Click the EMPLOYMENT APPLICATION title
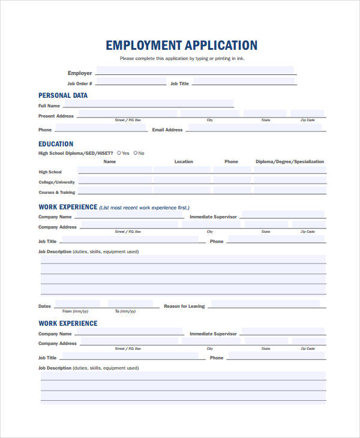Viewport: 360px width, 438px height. click(x=182, y=46)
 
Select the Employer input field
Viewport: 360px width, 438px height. click(x=195, y=71)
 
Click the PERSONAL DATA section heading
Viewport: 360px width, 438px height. click(x=63, y=95)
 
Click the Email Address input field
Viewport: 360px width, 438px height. click(x=256, y=128)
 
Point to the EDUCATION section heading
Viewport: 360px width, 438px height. click(x=56, y=144)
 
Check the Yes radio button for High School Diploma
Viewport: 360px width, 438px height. click(x=119, y=153)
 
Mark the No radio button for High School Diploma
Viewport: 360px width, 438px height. click(x=136, y=153)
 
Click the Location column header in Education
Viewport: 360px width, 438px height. click(x=184, y=161)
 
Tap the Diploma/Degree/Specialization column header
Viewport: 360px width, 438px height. click(x=289, y=161)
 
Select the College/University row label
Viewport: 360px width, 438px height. click(x=57, y=182)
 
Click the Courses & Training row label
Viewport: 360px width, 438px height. click(x=57, y=193)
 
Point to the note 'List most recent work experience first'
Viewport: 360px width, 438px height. click(x=143, y=208)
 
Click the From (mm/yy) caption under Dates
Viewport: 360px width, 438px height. click(x=76, y=311)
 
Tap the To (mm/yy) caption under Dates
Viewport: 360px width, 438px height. click(x=126, y=311)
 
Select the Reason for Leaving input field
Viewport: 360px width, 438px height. click(x=268, y=304)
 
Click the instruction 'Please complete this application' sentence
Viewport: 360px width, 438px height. click(x=182, y=59)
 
